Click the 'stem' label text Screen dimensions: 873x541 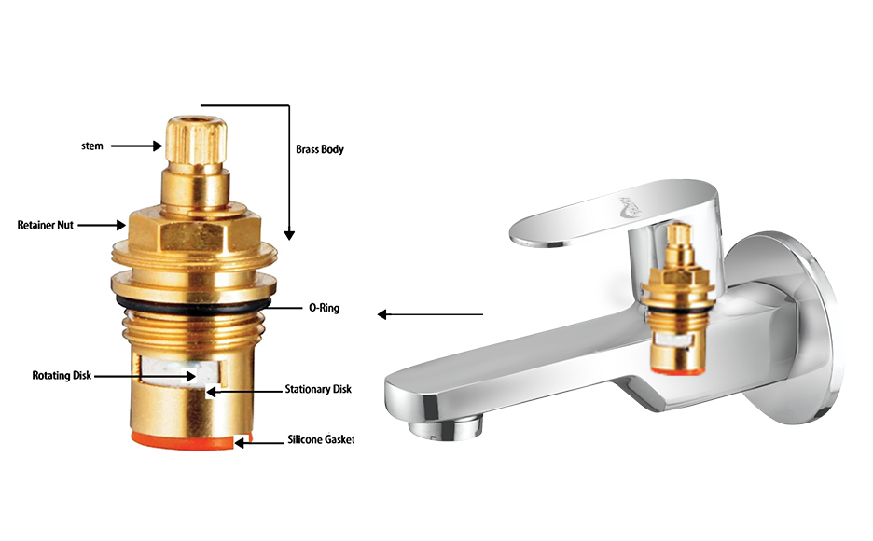point(91,146)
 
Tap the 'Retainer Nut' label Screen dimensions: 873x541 point(45,225)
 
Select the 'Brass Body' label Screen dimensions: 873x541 point(320,149)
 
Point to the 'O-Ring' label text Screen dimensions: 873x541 point(324,307)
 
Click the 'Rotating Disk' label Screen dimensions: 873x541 point(62,375)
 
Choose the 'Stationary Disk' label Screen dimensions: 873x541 point(318,389)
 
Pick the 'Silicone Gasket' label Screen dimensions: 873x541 point(321,439)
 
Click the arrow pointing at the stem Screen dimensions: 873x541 point(136,146)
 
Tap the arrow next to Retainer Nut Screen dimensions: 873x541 point(102,225)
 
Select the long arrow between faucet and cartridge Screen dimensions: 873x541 point(430,314)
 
